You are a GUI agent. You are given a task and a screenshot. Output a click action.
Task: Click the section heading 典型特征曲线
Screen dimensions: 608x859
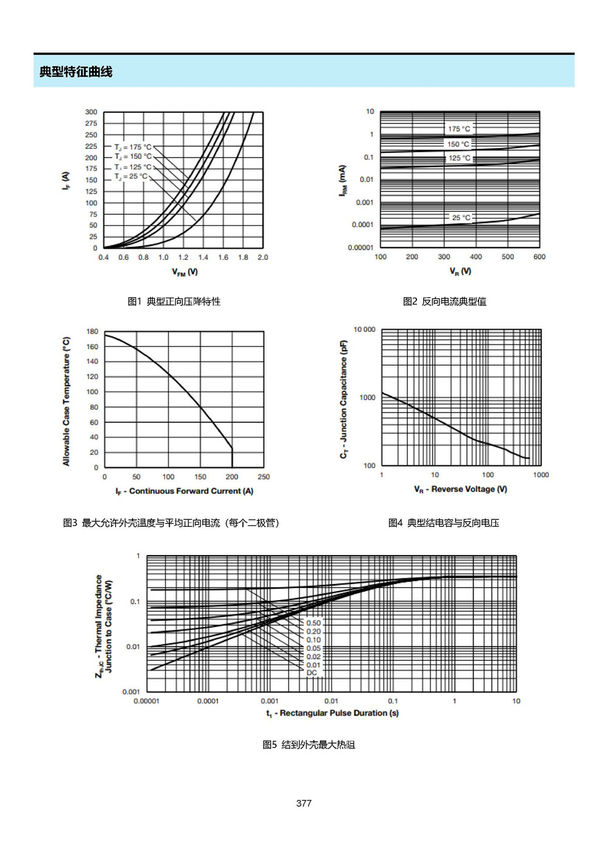coord(76,72)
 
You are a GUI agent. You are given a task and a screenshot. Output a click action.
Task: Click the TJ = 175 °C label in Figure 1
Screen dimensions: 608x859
coord(133,147)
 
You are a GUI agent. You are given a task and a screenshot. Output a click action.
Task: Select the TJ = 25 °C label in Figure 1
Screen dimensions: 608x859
coord(131,176)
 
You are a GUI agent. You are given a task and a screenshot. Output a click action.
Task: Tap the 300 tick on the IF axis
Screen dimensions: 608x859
coord(91,112)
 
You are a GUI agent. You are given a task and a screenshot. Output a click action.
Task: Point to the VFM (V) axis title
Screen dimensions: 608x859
coord(185,272)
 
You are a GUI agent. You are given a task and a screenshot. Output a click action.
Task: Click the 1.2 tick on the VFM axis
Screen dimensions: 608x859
coord(183,258)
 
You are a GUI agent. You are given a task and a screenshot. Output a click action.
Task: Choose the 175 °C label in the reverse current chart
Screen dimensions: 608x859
coord(459,129)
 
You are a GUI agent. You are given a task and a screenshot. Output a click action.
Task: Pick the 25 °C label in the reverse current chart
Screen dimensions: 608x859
coord(461,218)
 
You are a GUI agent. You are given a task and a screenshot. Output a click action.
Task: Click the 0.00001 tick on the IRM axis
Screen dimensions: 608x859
coord(361,248)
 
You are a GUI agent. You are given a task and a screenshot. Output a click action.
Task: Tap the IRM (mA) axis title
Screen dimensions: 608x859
coord(343,181)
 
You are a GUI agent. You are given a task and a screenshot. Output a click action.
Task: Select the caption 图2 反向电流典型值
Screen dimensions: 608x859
coord(444,301)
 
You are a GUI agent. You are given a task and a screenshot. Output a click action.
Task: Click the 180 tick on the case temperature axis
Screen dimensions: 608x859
coord(92,331)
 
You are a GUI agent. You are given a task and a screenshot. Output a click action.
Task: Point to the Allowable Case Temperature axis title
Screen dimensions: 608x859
coord(66,402)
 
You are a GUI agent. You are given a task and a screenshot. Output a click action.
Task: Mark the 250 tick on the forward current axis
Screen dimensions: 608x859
coord(264,477)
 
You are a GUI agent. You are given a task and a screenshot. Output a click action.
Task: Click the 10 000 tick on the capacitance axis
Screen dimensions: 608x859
coord(364,329)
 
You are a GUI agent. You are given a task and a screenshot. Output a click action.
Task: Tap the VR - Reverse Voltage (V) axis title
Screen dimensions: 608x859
coord(461,489)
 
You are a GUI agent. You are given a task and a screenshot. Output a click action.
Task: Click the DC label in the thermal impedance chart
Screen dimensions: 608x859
coord(312,672)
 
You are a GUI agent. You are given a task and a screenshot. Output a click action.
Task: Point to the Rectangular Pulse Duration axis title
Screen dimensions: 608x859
coord(333,713)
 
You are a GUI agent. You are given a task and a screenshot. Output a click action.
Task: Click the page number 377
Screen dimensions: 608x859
coord(304,803)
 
